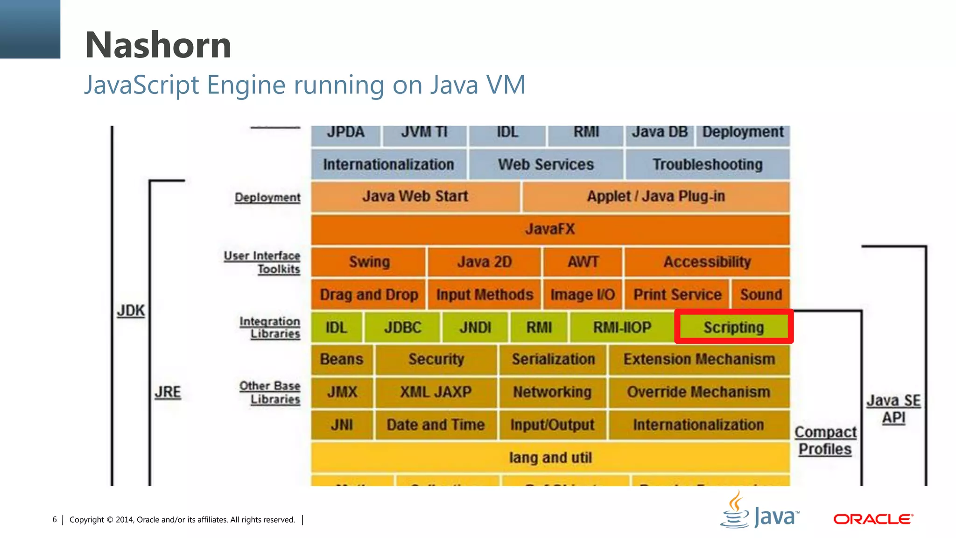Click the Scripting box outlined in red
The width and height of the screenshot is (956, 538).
[733, 327]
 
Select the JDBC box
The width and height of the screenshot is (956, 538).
[402, 327]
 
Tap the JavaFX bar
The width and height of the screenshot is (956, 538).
[550, 229]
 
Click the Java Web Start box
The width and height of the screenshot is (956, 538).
[415, 197]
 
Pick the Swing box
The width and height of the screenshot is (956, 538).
[369, 262]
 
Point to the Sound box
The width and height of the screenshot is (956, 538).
[760, 295]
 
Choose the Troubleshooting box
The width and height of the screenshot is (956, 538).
[707, 164]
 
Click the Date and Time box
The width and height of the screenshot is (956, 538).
[436, 425]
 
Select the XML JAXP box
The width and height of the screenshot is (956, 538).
[436, 392]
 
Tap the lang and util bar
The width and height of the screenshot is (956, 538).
[550, 458]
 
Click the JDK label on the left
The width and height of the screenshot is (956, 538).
[131, 311]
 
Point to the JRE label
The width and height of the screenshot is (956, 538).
[168, 392]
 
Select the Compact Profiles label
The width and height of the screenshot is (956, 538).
[825, 440]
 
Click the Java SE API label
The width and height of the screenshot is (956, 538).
[893, 409]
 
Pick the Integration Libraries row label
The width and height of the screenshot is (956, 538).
[270, 327]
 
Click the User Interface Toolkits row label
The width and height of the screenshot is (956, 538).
[263, 262]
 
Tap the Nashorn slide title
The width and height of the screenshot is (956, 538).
[158, 45]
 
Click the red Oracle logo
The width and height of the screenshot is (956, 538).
[873, 519]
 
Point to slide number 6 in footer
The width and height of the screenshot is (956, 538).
[55, 520]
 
